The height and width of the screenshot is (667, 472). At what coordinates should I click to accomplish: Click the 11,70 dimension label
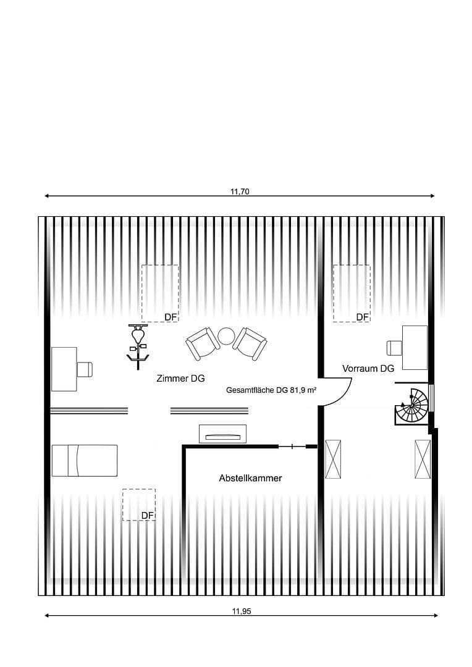240,191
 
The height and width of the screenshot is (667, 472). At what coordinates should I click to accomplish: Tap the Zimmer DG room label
180,379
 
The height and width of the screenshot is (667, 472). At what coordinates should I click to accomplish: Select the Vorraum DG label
368,369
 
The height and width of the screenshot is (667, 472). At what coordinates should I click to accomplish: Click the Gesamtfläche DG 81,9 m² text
272,391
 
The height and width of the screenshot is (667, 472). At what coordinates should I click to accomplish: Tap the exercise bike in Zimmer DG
137,346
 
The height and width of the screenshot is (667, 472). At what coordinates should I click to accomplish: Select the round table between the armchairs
226,337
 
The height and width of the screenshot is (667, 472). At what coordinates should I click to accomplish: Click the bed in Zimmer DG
84,461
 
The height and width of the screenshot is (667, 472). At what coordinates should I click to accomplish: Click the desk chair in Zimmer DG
85,369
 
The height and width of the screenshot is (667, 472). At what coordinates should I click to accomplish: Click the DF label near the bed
147,516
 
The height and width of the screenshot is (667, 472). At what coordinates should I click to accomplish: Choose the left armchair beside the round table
202,343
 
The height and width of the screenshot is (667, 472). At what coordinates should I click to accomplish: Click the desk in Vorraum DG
415,348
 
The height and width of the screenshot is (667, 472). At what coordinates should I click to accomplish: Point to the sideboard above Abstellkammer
223,434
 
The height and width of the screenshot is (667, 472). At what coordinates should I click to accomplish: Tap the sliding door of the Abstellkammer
292,447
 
